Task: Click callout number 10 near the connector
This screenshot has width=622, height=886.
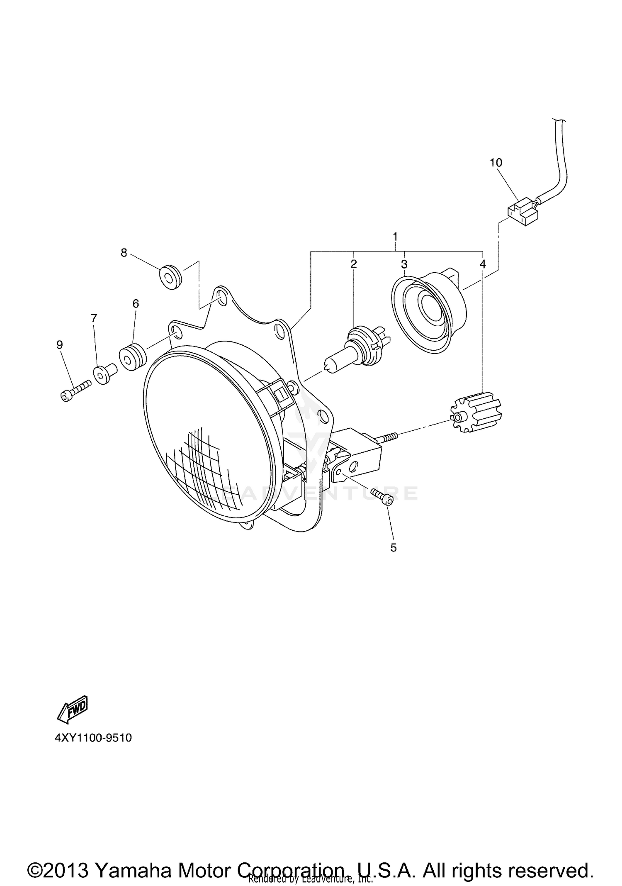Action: (x=496, y=163)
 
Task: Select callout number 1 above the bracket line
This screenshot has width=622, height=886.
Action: (x=395, y=237)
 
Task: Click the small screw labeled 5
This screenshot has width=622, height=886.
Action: (x=383, y=496)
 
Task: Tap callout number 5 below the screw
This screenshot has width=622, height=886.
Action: (x=393, y=548)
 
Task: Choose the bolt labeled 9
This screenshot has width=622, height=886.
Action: (x=75, y=391)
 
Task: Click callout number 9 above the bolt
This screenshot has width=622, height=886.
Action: (x=60, y=344)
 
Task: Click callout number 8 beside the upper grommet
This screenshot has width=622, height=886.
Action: (x=124, y=252)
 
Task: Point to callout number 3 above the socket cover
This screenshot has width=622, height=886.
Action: (x=404, y=264)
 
